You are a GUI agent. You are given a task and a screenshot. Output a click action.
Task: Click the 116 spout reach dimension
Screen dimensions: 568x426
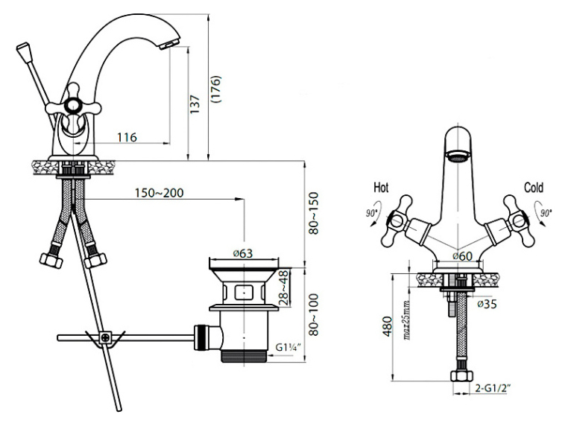tap(127, 137)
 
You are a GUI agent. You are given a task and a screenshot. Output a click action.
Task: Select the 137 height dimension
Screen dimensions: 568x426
tap(195, 104)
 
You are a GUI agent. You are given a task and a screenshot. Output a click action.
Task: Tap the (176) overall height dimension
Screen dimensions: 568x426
tap(216, 89)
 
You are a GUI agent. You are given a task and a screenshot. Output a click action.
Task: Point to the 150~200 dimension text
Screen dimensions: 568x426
tap(160, 193)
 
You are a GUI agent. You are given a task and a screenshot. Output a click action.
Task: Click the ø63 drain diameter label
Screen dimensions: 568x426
tap(243, 254)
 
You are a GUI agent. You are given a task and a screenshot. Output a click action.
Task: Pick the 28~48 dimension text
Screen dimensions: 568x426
tap(284, 288)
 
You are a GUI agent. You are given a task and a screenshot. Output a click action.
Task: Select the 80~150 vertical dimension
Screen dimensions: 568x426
tap(313, 214)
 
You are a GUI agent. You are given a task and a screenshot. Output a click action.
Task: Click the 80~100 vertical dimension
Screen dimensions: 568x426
tap(313, 315)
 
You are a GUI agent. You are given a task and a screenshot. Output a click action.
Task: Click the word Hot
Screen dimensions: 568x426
tap(381, 188)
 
